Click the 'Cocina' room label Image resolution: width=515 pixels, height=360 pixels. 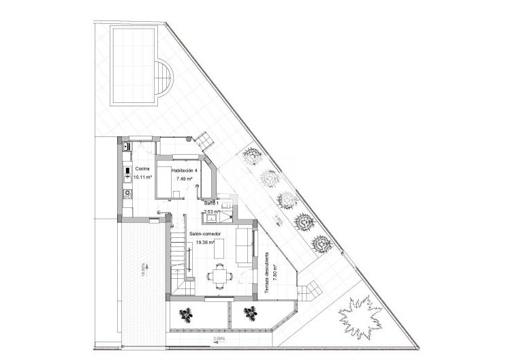[x=142, y=168]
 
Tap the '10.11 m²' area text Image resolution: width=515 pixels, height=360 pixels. [x=143, y=177]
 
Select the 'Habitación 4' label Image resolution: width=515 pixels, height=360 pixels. [x=184, y=170]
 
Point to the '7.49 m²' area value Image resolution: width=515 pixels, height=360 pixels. [x=184, y=179]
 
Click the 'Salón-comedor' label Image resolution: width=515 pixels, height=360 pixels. [x=204, y=233]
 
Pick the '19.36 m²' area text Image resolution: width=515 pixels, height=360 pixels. [x=204, y=241]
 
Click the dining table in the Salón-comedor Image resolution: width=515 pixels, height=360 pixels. [x=219, y=276]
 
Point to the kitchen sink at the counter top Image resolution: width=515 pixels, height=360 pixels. [x=126, y=145]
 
